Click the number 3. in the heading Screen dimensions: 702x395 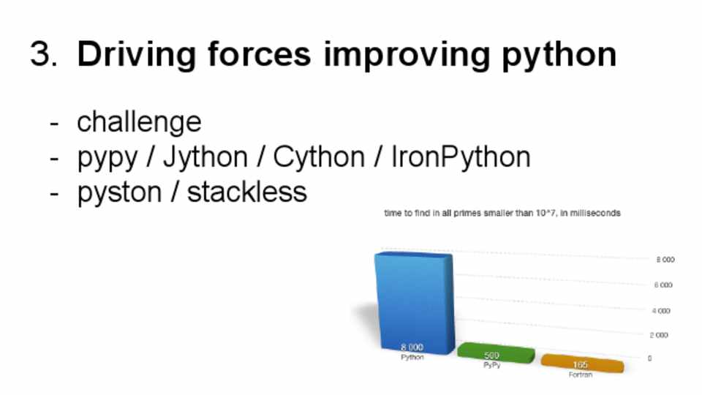click(44, 53)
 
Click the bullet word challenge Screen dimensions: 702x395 click(139, 122)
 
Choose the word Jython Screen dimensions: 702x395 click(205, 158)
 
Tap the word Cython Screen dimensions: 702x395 click(319, 158)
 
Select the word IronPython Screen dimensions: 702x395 click(461, 158)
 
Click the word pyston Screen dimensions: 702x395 click(119, 193)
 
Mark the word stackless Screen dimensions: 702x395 click(246, 192)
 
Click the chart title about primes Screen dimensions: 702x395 click(502, 213)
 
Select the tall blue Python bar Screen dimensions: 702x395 click(414, 302)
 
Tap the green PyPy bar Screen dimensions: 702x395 click(496, 353)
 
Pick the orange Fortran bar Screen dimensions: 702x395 click(583, 363)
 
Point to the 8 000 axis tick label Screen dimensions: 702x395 click(665, 260)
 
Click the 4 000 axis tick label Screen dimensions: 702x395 click(661, 311)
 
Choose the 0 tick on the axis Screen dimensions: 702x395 click(649, 358)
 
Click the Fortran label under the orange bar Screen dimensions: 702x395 click(581, 375)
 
